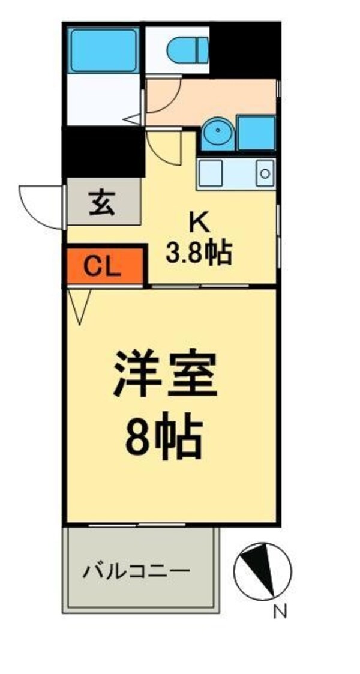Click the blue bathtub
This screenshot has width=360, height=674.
pos(103,50)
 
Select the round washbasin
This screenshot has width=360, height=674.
pos(217,133)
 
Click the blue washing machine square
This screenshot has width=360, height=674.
pos(256,133)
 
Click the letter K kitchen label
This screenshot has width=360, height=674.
pos(199,223)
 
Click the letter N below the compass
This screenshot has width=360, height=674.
pos(280,612)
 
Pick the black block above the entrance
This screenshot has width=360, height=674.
pos(104,152)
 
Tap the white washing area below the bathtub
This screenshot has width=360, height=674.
pos(103,99)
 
